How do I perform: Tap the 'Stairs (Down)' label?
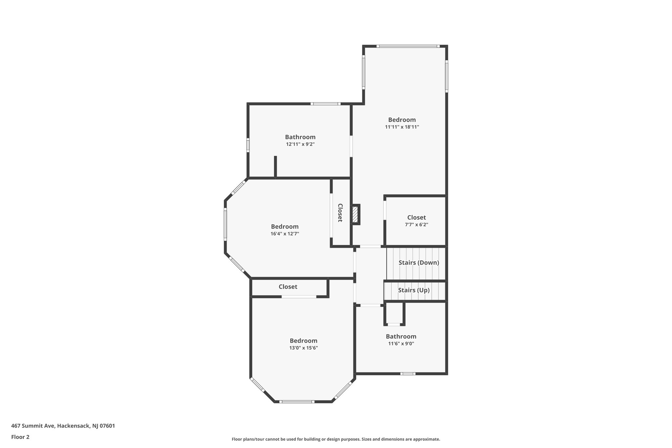(x=419, y=263)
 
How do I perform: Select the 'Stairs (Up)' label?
(x=413, y=290)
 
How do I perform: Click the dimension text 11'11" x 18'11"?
(x=402, y=127)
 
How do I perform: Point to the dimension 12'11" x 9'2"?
(x=300, y=144)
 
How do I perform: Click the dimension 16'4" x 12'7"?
(x=285, y=234)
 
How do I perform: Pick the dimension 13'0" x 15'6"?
(x=304, y=348)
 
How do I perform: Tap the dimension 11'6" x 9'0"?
(x=401, y=344)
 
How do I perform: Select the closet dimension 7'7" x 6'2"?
(x=416, y=225)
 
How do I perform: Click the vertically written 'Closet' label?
(x=340, y=213)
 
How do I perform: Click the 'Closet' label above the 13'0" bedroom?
(x=288, y=287)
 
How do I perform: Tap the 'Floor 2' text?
(x=20, y=437)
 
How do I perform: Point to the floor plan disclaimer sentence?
(x=336, y=439)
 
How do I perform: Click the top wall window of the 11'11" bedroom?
(x=408, y=46)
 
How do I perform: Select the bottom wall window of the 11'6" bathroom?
(x=408, y=373)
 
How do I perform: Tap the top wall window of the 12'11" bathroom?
(x=325, y=104)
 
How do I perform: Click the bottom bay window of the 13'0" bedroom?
(x=297, y=401)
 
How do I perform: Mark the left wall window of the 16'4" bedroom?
(x=225, y=224)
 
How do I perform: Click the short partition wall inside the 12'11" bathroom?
(x=276, y=167)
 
